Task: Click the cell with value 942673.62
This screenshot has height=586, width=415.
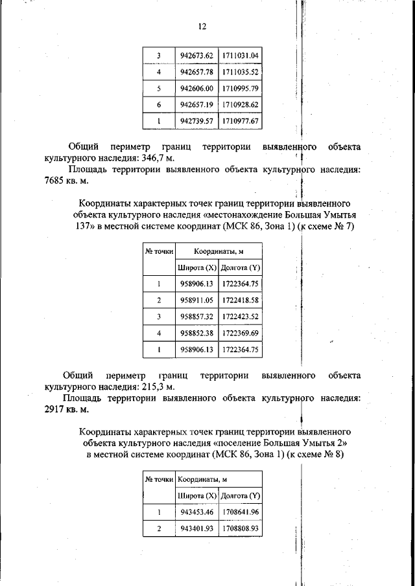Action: click(196, 55)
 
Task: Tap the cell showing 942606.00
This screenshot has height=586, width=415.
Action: click(196, 87)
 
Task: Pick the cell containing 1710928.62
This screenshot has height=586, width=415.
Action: click(240, 104)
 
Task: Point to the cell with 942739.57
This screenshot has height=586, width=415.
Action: click(196, 120)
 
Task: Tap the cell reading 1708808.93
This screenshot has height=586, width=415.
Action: click(240, 529)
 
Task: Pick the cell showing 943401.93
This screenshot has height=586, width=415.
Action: click(196, 529)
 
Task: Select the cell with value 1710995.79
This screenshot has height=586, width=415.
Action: click(240, 87)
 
